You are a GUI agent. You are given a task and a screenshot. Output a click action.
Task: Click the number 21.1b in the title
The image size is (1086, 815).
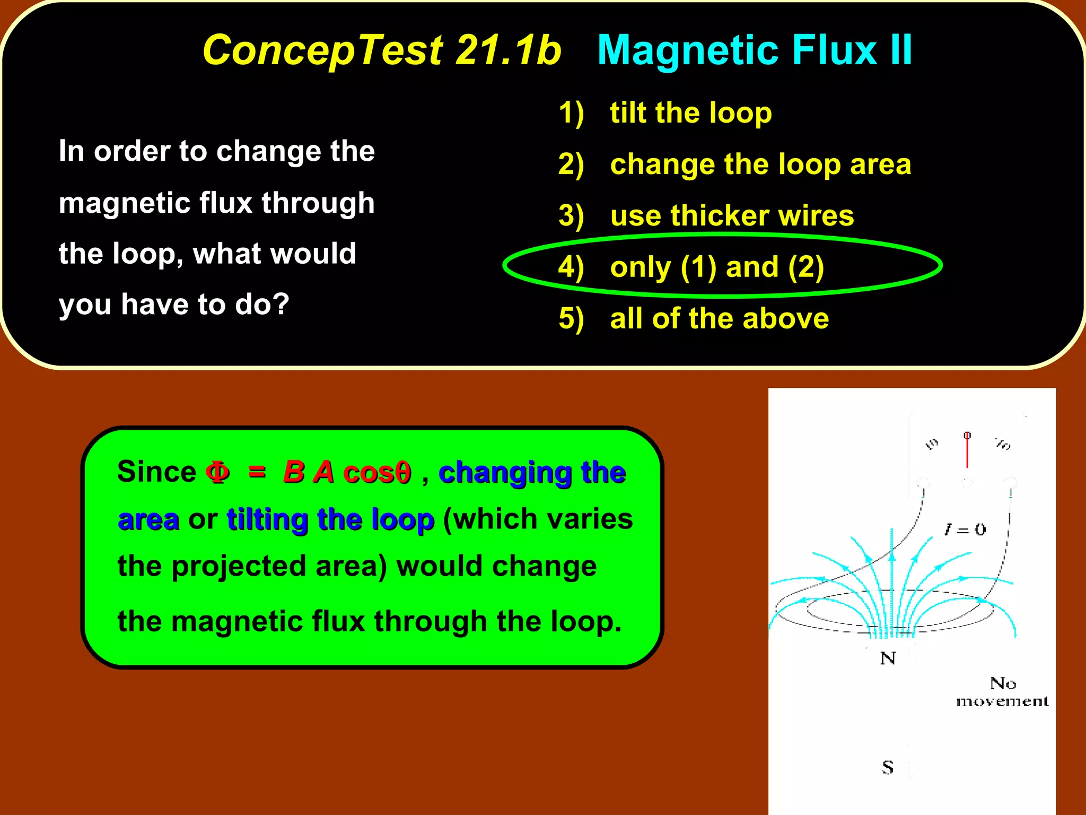(x=508, y=50)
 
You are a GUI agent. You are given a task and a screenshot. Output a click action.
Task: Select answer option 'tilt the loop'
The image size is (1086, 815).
(x=690, y=112)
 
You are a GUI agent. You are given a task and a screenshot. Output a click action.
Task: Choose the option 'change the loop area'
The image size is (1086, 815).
(x=760, y=164)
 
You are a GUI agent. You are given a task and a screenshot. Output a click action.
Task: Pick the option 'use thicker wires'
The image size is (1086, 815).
(x=732, y=215)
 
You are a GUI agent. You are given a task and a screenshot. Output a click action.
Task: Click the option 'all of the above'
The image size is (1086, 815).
(x=719, y=318)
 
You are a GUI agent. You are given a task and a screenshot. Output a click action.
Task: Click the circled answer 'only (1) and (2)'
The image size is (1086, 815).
(x=717, y=267)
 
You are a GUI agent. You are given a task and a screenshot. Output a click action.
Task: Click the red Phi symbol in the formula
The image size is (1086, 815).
(x=217, y=472)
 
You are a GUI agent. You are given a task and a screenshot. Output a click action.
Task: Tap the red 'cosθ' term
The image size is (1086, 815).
(x=377, y=472)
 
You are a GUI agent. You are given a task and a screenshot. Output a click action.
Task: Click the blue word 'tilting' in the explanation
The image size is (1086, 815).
(x=267, y=519)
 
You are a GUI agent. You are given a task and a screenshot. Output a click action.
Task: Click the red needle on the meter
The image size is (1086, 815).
(x=967, y=451)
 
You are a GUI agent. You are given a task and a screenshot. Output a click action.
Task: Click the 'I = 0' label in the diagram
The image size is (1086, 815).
(x=965, y=529)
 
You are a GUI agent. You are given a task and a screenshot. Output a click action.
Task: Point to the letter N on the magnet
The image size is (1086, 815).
(x=888, y=658)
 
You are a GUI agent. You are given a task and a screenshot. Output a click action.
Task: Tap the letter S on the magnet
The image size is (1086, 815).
(x=888, y=767)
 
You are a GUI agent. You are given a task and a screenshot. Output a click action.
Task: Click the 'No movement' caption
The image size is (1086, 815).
(x=1002, y=692)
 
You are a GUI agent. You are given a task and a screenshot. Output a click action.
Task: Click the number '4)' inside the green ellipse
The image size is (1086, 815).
(x=571, y=267)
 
